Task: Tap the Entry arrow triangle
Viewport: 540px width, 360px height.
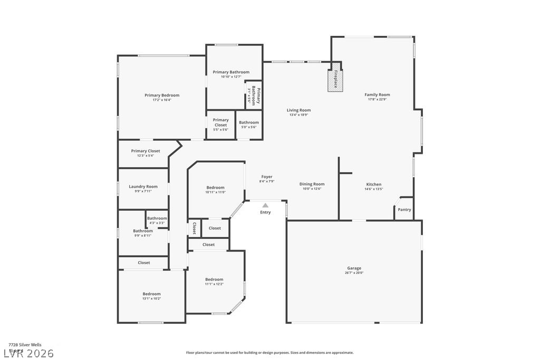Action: tap(265, 205)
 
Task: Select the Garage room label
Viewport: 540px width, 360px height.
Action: tap(354, 268)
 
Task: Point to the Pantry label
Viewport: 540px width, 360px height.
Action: tap(404, 210)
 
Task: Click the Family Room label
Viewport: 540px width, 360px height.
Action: tap(377, 95)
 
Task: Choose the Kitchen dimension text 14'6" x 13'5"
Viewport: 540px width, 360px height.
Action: tap(374, 189)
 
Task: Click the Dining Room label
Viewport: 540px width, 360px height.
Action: tap(312, 184)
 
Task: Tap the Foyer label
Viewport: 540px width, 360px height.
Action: tap(267, 177)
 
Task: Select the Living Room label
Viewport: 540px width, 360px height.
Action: tap(298, 110)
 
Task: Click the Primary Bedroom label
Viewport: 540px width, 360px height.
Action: tap(162, 95)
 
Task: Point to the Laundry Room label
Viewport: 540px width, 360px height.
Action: tap(143, 187)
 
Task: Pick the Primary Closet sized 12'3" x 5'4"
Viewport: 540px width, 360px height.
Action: tap(146, 151)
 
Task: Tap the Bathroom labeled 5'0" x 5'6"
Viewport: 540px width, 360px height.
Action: tap(249, 122)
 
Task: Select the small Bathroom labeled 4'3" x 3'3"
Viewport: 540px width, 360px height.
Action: tap(157, 218)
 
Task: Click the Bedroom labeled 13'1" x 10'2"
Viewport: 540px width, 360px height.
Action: tap(151, 294)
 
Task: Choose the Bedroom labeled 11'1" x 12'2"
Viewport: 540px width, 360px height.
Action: tap(214, 279)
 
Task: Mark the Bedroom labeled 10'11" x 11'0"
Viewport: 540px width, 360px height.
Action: tap(215, 188)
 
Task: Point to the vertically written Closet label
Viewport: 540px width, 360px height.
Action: tap(194, 228)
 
